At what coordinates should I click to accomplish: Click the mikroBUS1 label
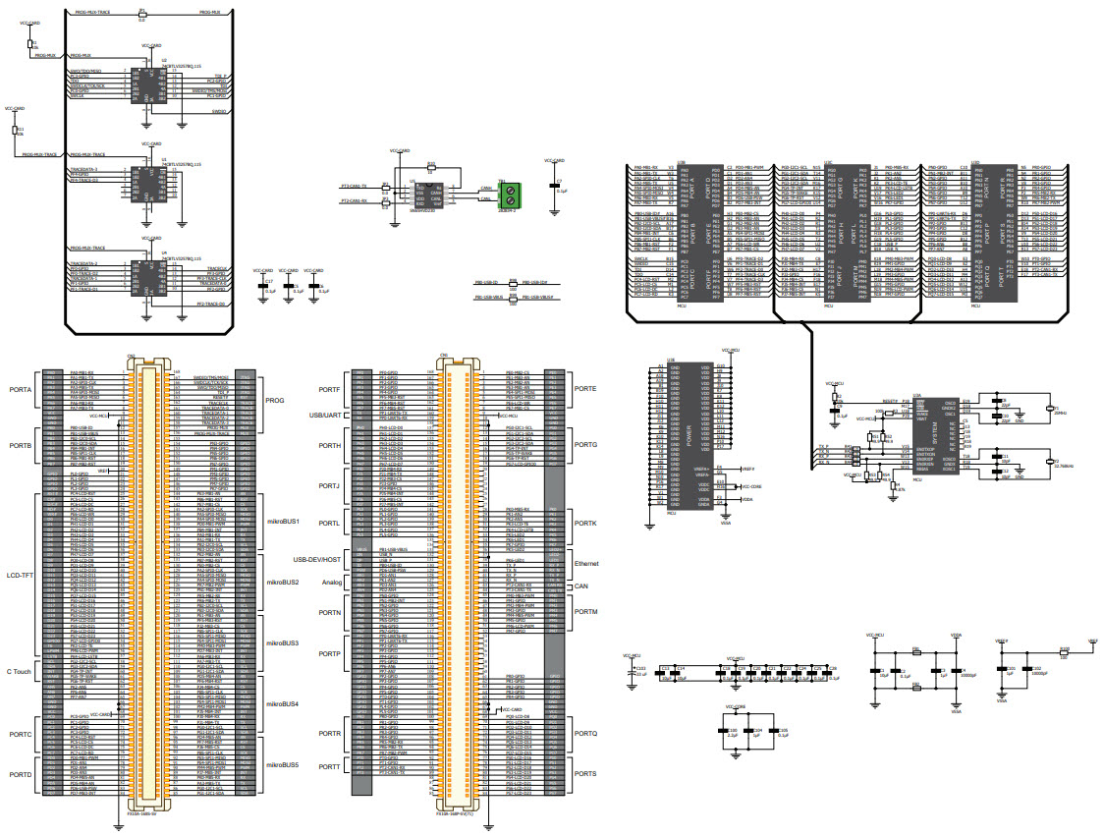282,521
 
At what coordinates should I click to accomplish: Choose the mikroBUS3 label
282,642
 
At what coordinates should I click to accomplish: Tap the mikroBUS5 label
282,763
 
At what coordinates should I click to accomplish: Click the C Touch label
20,671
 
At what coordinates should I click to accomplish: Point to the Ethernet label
587,564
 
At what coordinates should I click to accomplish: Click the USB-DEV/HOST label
315,559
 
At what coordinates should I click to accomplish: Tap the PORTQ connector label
585,733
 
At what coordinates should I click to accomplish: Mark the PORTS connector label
585,775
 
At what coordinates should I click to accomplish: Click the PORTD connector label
21,775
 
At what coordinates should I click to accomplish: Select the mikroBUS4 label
282,703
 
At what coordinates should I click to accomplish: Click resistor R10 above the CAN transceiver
430,168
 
